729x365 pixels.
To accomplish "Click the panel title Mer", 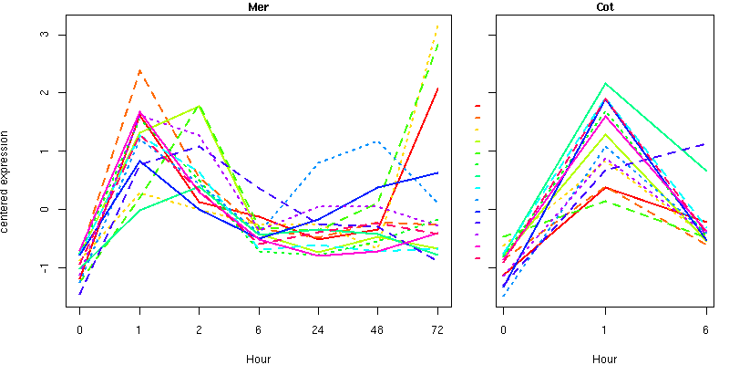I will click(258, 7).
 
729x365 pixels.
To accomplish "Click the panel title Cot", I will click(604, 7).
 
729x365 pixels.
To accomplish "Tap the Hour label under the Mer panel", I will click(258, 359).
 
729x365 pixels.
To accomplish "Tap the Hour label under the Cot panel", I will click(604, 359).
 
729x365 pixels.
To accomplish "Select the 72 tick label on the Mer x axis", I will click(436, 329).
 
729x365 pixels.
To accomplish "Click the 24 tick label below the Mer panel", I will click(317, 329).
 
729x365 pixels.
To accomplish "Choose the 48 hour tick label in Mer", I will click(377, 329).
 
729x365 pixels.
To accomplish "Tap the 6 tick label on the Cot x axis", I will click(705, 329).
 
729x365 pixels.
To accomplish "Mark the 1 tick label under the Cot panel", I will click(604, 329).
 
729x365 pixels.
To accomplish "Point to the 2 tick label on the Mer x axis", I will click(199, 329).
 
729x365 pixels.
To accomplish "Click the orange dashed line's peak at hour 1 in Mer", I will click(139, 70).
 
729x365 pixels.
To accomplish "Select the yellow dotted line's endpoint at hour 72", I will click(436, 26).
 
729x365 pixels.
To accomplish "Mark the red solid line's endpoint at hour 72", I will click(436, 89).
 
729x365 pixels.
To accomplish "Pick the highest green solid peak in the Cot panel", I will click(604, 84).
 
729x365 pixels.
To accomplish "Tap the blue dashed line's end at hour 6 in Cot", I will click(705, 144).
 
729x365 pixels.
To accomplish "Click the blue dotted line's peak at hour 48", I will click(377, 141).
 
